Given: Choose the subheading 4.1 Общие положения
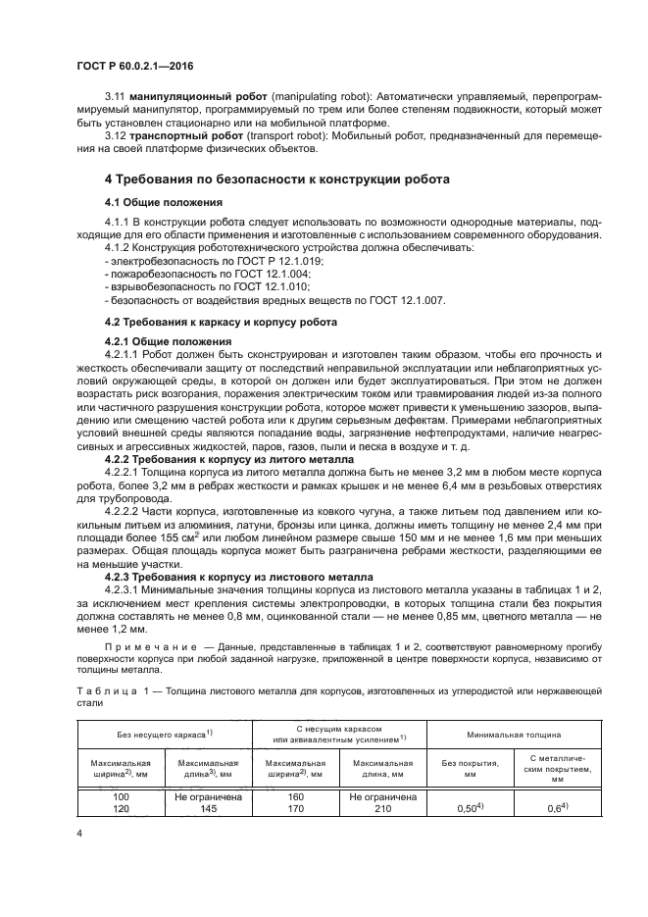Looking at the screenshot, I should pyautogui.click(x=150, y=201).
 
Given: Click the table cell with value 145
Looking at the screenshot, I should pyautogui.click(x=207, y=809).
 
